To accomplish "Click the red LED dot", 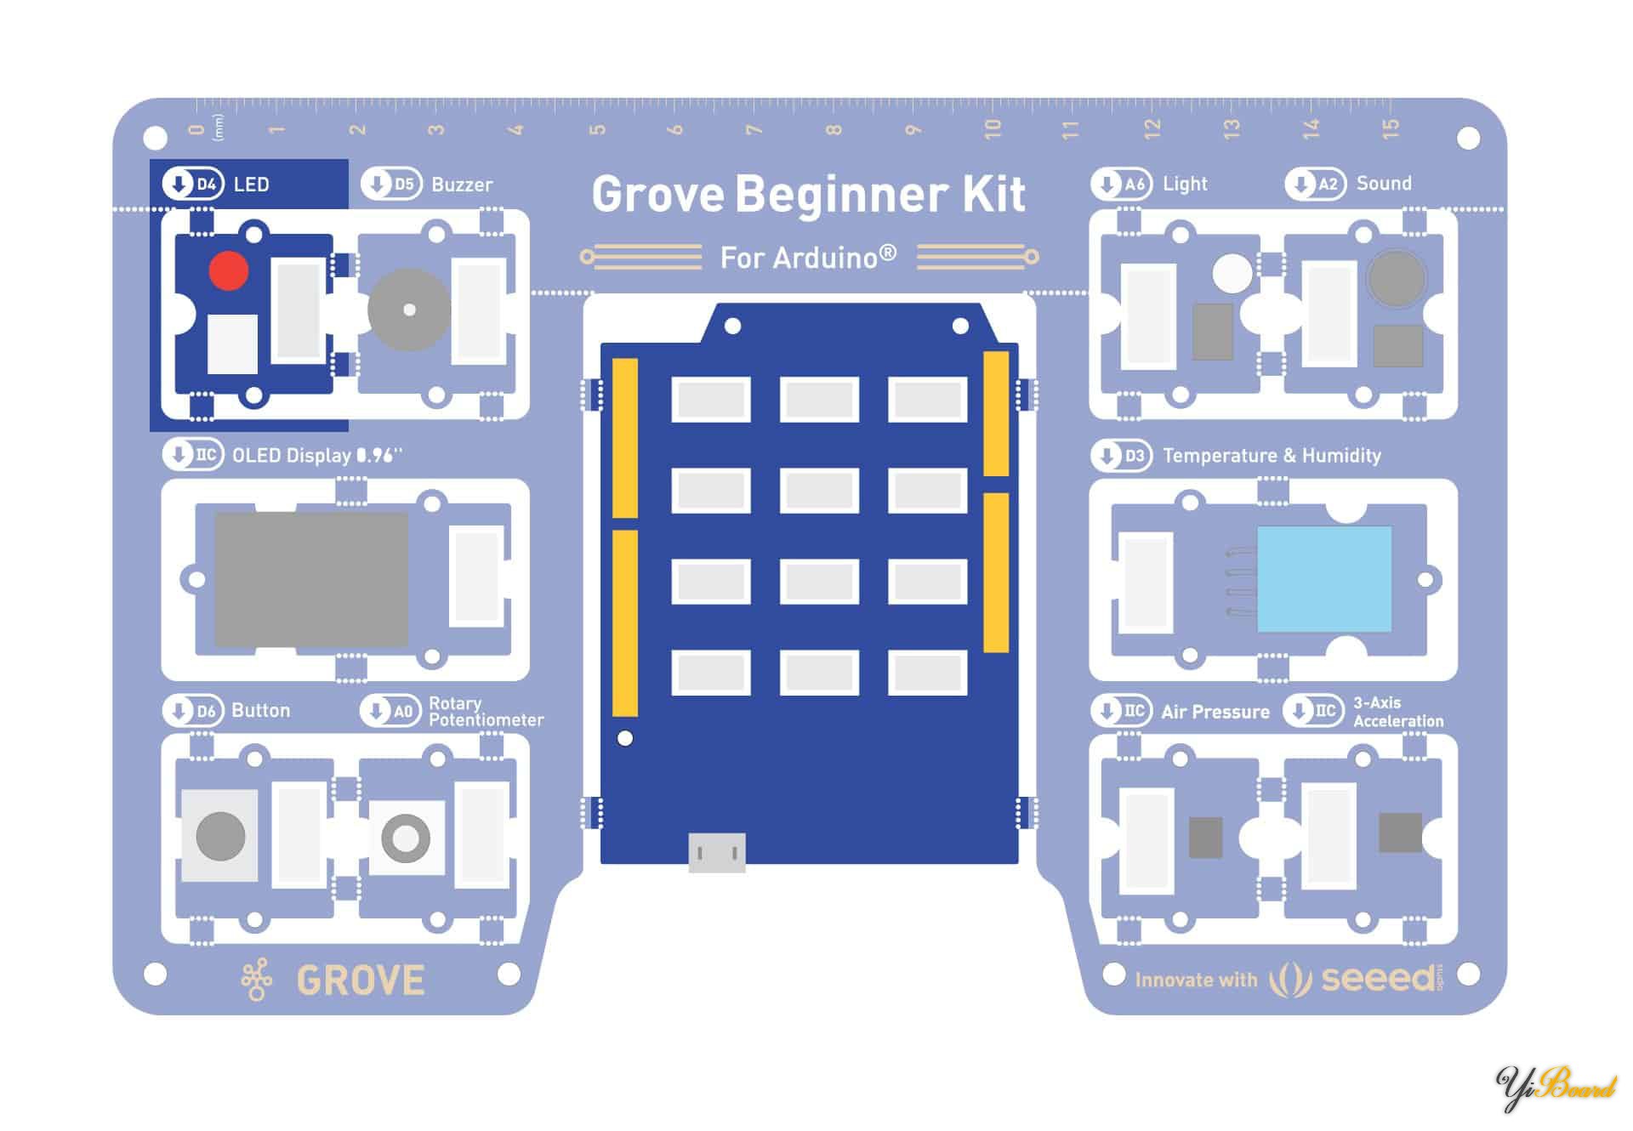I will point(228,271).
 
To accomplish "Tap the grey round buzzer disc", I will point(409,310).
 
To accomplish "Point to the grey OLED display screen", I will point(311,578).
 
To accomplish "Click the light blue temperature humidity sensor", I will point(1323,578).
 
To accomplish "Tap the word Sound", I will point(1383,184).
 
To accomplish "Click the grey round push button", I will point(220,835).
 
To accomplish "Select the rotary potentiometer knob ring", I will point(406,838).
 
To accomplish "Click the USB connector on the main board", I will point(716,852).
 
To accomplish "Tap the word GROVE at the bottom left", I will point(361,980).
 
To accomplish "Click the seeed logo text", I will point(1378,979).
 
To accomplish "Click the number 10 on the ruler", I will point(992,129).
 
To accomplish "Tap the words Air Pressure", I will point(1215,712).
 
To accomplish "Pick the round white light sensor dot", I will point(1232,273).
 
